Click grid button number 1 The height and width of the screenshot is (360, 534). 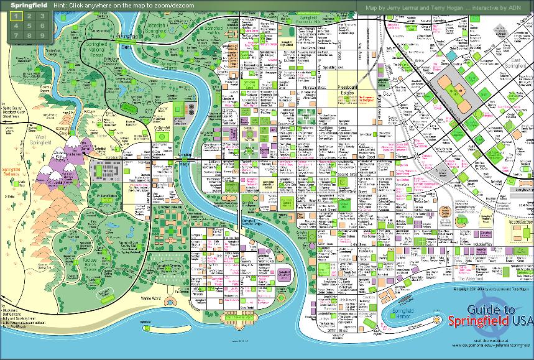(x=16, y=16)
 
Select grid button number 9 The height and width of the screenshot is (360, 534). (x=42, y=35)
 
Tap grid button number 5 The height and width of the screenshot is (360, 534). (x=29, y=26)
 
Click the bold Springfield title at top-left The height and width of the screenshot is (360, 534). (x=25, y=5)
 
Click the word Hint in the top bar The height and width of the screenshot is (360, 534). (x=60, y=5)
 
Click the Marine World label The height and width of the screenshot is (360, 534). (x=152, y=298)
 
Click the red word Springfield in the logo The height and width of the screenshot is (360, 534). (x=479, y=321)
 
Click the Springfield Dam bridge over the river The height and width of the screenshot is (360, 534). (x=127, y=47)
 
